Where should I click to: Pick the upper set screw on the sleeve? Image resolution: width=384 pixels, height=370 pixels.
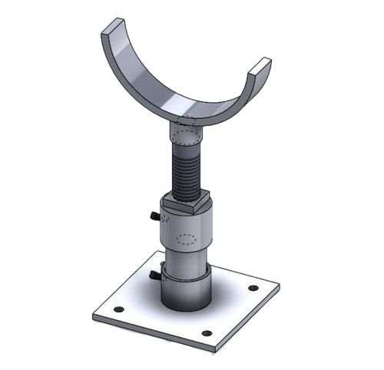tap(154, 217)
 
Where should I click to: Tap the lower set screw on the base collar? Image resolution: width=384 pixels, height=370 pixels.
tap(156, 275)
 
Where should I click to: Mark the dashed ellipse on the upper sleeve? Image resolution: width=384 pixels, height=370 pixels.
tap(187, 238)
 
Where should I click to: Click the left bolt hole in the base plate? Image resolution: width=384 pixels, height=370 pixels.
tap(118, 310)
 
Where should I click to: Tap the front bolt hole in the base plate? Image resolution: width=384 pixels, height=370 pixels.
tap(206, 333)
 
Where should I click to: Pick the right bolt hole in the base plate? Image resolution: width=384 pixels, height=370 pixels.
tap(253, 288)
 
